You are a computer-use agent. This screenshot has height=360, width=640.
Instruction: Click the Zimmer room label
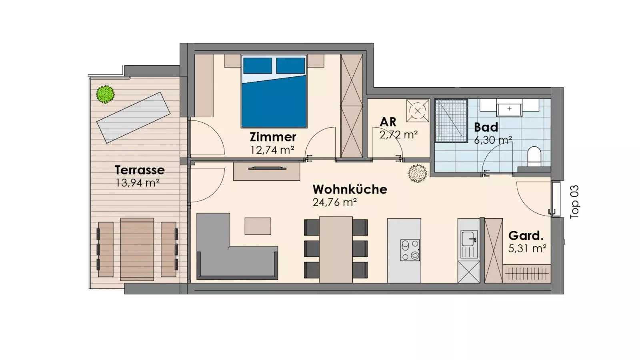tap(273, 137)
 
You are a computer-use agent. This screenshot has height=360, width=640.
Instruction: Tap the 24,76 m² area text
tap(334, 202)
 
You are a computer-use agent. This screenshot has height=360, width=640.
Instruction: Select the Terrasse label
tap(140, 170)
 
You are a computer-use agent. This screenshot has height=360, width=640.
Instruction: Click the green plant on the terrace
tap(105, 94)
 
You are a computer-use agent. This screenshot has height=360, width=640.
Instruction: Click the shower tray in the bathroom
tap(451, 121)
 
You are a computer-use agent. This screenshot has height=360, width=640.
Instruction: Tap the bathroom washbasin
tap(509, 108)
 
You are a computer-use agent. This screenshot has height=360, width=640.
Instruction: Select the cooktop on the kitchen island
tap(410, 250)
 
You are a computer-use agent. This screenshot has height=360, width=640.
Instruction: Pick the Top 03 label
tap(574, 202)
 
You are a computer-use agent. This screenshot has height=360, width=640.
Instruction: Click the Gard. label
tap(526, 236)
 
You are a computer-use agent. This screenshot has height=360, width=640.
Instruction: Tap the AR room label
tap(388, 122)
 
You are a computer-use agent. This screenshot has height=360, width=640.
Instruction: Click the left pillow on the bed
tap(257, 66)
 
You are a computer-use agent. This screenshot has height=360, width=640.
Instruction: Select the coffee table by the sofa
tap(258, 226)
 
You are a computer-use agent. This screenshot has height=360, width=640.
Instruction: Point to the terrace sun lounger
tap(134, 118)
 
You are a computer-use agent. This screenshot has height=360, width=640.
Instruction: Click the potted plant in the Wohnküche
tap(417, 173)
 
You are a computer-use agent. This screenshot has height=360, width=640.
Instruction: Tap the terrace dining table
tap(137, 249)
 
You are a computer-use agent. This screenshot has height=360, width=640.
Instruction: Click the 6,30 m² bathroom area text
tap(493, 140)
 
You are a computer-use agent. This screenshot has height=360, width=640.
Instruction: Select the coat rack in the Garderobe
tap(526, 274)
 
